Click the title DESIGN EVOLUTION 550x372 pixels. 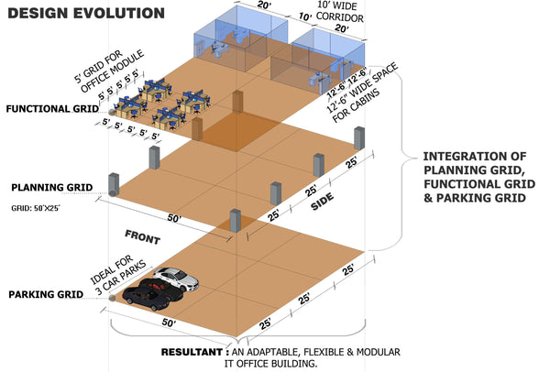click(x=86, y=14)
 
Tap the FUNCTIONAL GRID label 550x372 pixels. click(x=52, y=109)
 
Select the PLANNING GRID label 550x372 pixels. click(x=52, y=188)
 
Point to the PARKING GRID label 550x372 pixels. click(x=46, y=294)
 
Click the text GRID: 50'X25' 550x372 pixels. click(x=36, y=208)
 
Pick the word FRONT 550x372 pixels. click(x=143, y=237)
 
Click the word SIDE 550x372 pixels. click(x=323, y=202)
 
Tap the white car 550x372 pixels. click(x=176, y=279)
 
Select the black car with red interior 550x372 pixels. click(x=161, y=290)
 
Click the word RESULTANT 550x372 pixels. click(x=192, y=352)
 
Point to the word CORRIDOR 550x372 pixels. click(x=339, y=17)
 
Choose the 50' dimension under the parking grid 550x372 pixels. click(x=169, y=323)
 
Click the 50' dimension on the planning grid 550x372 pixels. click(x=174, y=218)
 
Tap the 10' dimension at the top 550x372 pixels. click(x=305, y=16)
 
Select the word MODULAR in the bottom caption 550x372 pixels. click(x=378, y=352)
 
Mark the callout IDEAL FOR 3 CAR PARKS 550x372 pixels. click(x=118, y=275)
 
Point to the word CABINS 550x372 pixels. click(x=356, y=105)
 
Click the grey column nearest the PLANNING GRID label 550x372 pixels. click(x=114, y=185)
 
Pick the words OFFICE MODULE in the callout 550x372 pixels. click(x=112, y=71)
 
